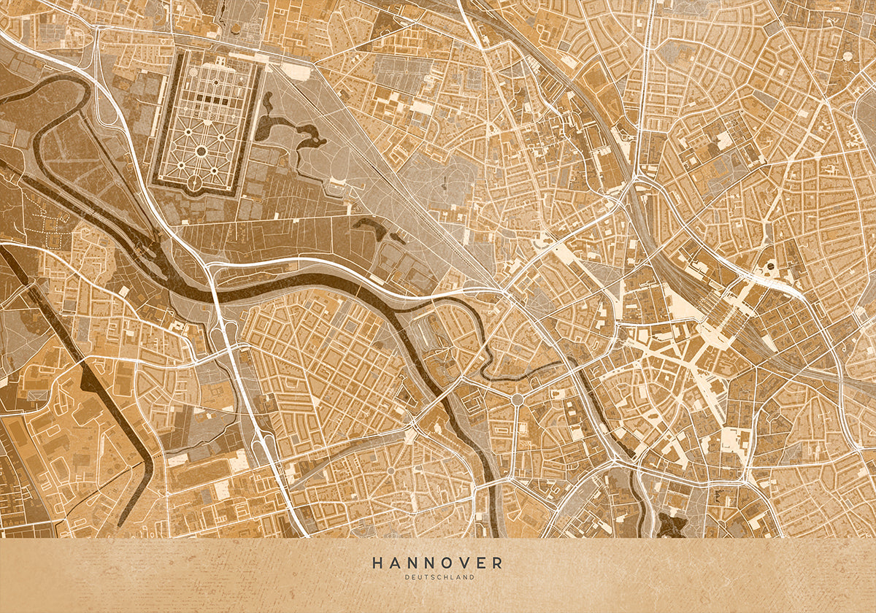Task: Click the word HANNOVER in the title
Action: (x=437, y=563)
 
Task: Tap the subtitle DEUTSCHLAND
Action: (x=437, y=577)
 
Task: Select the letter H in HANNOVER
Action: (x=377, y=563)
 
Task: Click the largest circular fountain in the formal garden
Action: (x=201, y=150)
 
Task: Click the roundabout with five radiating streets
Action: (x=517, y=399)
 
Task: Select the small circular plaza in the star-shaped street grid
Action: (x=390, y=470)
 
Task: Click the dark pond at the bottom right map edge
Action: (x=670, y=523)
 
